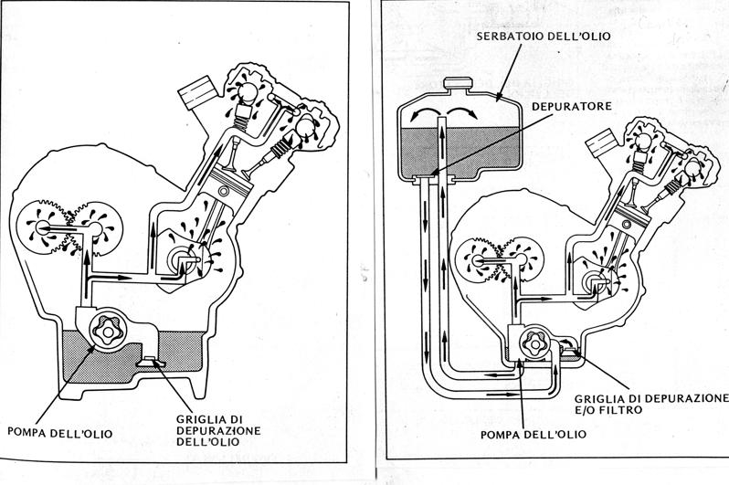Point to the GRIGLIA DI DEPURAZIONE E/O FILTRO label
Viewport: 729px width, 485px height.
pyautogui.click(x=651, y=405)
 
